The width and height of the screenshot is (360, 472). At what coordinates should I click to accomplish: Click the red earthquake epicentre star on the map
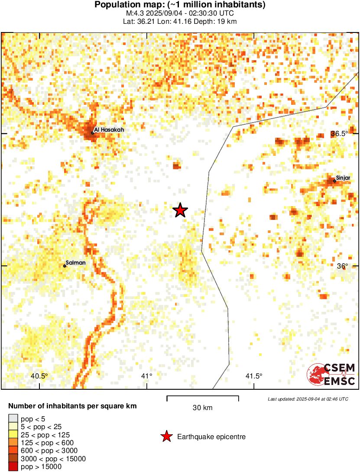[180, 210]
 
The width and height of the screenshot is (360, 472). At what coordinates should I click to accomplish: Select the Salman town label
[76, 262]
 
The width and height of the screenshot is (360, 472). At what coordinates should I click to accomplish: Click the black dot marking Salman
[65, 266]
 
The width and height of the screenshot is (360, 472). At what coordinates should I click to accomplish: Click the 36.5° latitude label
[340, 134]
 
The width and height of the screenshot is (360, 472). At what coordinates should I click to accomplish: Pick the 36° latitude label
[342, 266]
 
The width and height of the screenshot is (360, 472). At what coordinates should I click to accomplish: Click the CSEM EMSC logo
[331, 375]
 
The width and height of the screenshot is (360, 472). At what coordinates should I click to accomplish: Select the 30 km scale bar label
[202, 407]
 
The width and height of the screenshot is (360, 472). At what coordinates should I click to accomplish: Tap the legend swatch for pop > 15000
[13, 467]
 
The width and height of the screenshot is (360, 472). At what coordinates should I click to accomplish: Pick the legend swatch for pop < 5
[13, 418]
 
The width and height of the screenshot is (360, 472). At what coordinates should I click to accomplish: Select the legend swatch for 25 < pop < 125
[13, 434]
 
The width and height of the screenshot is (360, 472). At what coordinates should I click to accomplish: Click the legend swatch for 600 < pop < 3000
[13, 451]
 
